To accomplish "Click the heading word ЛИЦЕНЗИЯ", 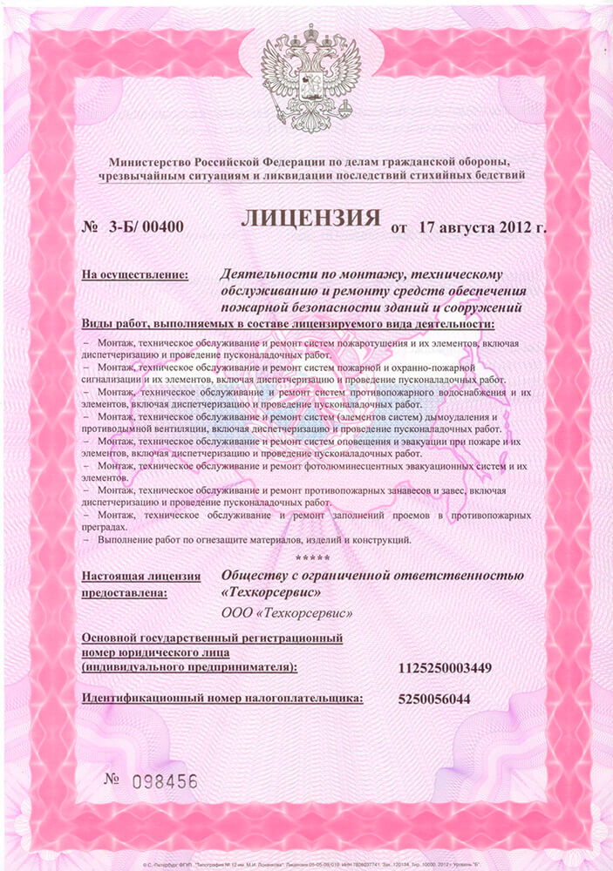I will [x=310, y=218].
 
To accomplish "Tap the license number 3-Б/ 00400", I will [x=143, y=229].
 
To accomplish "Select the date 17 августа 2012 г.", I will [x=481, y=228].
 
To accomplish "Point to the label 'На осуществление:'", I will [x=135, y=275].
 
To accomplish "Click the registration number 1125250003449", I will [x=445, y=668].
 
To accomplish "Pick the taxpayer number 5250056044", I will [x=433, y=699].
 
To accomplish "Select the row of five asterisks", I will [x=312, y=557].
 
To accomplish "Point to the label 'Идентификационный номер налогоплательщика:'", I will [x=221, y=699].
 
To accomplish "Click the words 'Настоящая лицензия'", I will [x=140, y=576].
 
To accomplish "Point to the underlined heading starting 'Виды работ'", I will [x=288, y=324].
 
